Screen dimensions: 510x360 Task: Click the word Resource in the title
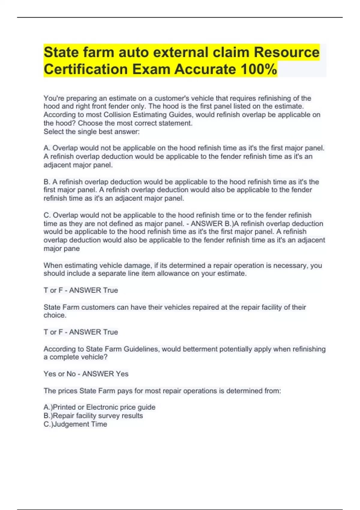pos(286,52)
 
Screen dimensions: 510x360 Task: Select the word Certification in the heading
pos(86,69)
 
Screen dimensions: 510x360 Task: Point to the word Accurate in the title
pos(205,69)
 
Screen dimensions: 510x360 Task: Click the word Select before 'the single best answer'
pos(53,132)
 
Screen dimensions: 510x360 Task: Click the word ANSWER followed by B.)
pos(206,224)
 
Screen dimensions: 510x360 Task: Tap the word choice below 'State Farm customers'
pos(55,315)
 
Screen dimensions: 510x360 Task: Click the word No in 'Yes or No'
pos(71,374)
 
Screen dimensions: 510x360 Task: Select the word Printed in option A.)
pos(64,407)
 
